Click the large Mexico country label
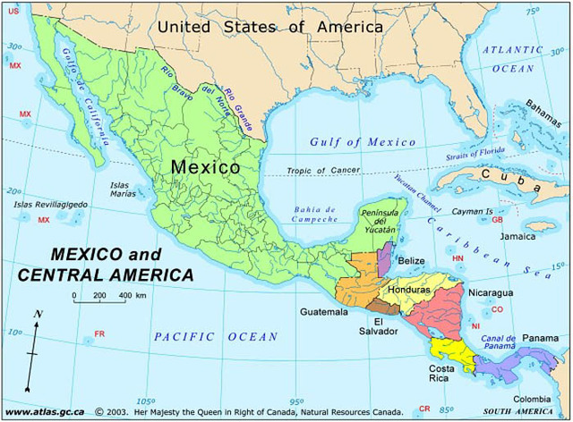click(x=205, y=167)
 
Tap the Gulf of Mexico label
click(x=363, y=142)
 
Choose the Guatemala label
click(x=324, y=312)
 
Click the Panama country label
click(x=540, y=338)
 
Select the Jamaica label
click(x=517, y=237)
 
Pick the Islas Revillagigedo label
click(x=50, y=205)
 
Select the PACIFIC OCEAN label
click(x=216, y=337)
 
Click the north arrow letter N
click(x=38, y=314)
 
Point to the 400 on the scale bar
click(x=126, y=295)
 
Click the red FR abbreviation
click(x=99, y=334)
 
